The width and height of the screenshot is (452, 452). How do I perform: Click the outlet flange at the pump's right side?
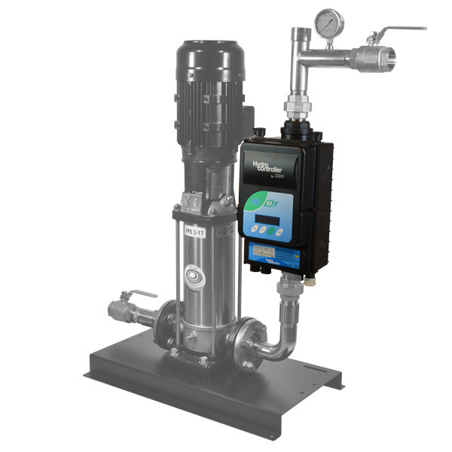click(243, 344)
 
